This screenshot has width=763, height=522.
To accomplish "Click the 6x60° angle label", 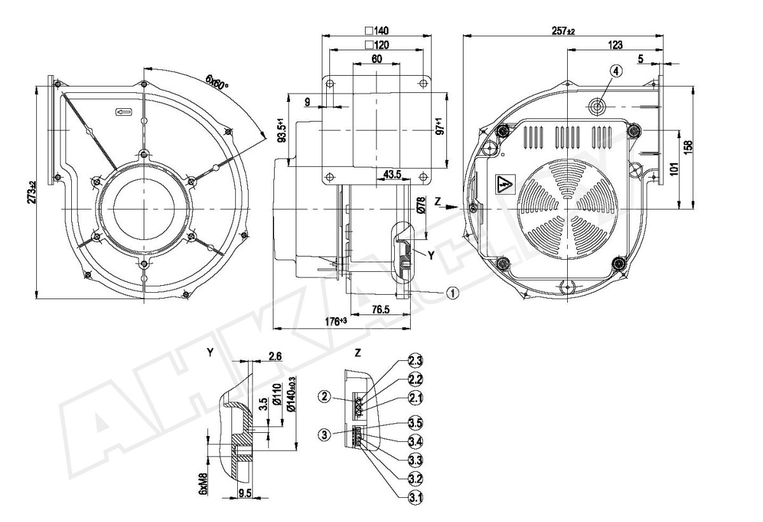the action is [217, 82].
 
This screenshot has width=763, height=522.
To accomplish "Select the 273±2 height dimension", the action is [32, 192].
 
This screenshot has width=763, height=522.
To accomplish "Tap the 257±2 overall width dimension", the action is [563, 31].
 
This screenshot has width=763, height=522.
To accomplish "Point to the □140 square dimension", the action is [377, 31].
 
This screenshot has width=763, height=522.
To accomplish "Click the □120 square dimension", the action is [376, 45].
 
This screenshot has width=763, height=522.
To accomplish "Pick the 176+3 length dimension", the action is [336, 321].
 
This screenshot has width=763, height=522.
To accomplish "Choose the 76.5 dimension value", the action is [380, 309].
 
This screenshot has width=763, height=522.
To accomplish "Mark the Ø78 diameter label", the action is [421, 205].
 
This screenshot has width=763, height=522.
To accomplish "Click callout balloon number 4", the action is [615, 71].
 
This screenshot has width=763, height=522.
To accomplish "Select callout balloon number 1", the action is [452, 293].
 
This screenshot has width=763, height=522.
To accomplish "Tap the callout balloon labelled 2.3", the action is [416, 360].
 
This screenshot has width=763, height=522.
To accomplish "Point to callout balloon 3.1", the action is [416, 498].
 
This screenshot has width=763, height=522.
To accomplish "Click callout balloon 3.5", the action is [416, 423].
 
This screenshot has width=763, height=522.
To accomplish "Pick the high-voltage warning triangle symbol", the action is [505, 185].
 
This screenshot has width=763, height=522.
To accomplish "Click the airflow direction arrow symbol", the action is [125, 112].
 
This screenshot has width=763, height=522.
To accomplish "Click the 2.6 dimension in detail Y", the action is [275, 356].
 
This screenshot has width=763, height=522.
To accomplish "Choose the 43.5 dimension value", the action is [392, 174].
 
